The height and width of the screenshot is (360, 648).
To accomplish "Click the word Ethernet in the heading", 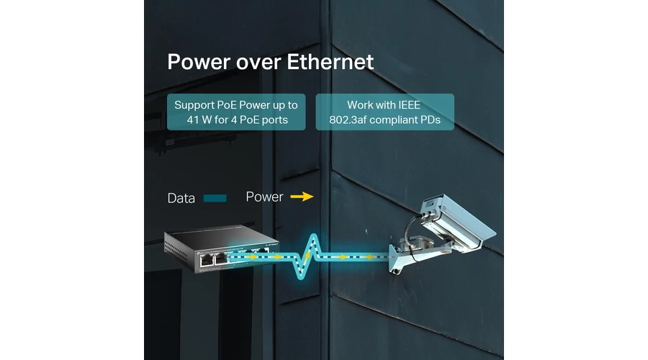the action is click(330, 62).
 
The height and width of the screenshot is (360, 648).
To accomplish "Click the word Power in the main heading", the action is click(199, 62).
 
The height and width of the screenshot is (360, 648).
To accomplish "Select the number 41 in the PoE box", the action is click(192, 120).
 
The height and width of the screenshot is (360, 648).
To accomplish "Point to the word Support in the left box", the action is click(194, 106).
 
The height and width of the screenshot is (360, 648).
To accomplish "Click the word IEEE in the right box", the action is click(409, 105).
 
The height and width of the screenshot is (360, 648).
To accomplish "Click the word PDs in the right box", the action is click(431, 120).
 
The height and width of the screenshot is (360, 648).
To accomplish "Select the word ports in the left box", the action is click(275, 120).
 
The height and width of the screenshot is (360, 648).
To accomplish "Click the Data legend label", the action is click(181, 199).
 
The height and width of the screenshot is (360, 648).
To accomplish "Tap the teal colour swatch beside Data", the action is click(215, 199).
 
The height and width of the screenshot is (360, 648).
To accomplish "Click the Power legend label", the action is click(264, 197).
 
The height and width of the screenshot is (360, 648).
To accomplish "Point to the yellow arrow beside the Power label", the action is click(302, 197).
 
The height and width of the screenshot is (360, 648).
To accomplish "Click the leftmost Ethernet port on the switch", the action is click(207, 260).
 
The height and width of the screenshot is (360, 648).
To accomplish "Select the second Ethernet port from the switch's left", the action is click(221, 258).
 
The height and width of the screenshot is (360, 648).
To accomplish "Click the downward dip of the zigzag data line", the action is click(301, 275).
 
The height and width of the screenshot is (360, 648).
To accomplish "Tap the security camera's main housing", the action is click(456, 222).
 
